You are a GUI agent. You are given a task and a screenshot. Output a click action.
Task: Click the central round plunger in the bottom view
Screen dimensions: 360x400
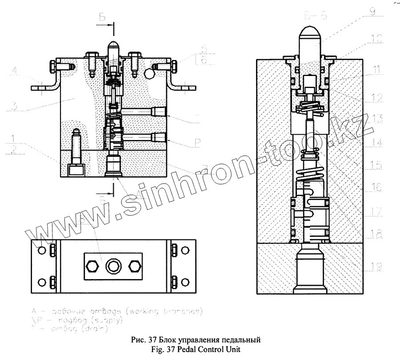pos(112,267)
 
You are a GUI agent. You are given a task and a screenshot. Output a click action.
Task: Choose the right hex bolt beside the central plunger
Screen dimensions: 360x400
pos(134,267)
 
